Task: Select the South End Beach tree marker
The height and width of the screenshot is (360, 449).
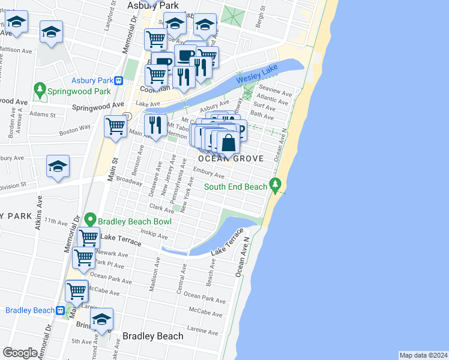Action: tap(276, 187)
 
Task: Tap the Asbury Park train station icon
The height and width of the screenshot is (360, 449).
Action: tap(119, 80)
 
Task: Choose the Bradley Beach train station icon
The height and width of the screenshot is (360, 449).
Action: tap(61, 310)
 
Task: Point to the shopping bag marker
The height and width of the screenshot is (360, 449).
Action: tap(229, 143)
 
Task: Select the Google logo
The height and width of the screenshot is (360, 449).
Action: tap(20, 353)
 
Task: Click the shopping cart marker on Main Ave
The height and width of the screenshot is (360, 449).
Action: tap(115, 126)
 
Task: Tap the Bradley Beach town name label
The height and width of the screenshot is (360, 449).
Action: tap(152, 336)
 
